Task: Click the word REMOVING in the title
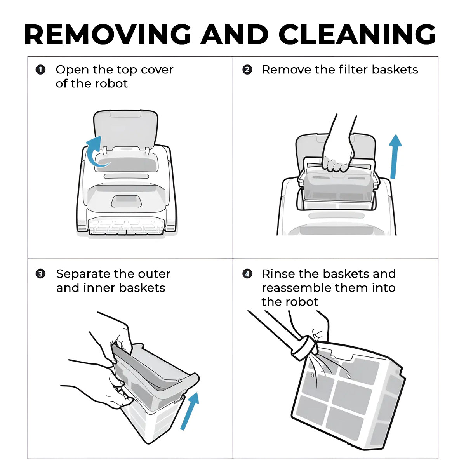pos(108,35)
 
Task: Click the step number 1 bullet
pos(40,70)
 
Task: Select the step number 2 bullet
pos(247,70)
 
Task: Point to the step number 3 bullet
pos(40,274)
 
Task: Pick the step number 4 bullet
pos(247,274)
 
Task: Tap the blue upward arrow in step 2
pos(395,157)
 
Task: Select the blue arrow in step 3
pos(190,411)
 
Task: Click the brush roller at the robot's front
pos(126,227)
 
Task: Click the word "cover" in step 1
pos(157,70)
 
